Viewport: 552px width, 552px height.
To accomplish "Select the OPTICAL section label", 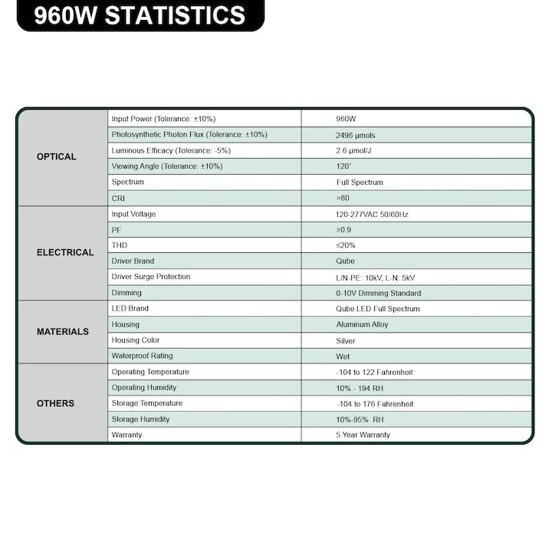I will pyautogui.click(x=57, y=157).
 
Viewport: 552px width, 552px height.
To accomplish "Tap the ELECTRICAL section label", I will pyautogui.click(x=65, y=252).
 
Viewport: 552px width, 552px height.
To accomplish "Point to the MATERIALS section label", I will pyautogui.click(x=63, y=332).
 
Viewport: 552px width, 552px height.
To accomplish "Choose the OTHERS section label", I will pyautogui.click(x=55, y=403).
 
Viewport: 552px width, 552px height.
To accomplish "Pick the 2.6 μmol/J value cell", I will pyautogui.click(x=354, y=150).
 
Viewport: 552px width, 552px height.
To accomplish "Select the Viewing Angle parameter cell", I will pyautogui.click(x=167, y=166).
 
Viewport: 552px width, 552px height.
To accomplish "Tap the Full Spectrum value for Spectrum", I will pyautogui.click(x=360, y=182).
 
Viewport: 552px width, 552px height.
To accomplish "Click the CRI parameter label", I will pyautogui.click(x=118, y=199).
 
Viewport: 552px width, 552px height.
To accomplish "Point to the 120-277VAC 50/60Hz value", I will pyautogui.click(x=372, y=215).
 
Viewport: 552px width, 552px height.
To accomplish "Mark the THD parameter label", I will pyautogui.click(x=120, y=245).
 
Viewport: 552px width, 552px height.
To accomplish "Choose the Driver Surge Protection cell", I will pyautogui.click(x=151, y=277).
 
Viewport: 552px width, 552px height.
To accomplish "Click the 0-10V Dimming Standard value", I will pyautogui.click(x=378, y=293).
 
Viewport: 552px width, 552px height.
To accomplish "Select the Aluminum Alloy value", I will pyautogui.click(x=362, y=324).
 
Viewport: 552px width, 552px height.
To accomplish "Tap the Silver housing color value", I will pyautogui.click(x=346, y=340).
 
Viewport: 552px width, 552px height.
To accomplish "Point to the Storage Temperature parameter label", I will pyautogui.click(x=147, y=403).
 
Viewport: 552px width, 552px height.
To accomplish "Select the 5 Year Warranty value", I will pyautogui.click(x=363, y=435).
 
